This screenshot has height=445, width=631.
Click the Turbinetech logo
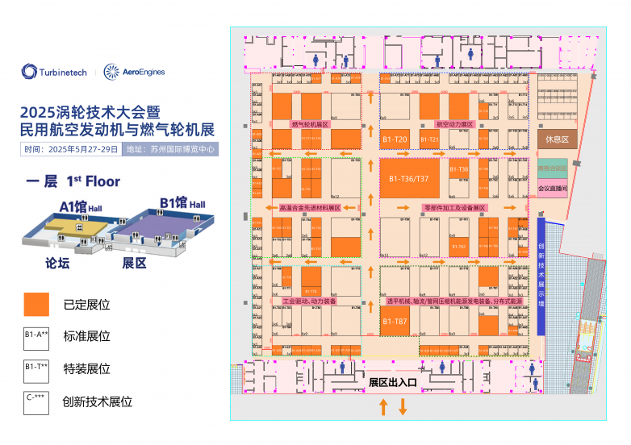(x=55, y=73)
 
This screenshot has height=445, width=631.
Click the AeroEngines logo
(x=135, y=73)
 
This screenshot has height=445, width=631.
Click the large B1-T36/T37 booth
(x=409, y=177)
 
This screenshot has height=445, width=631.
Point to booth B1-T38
(x=458, y=170)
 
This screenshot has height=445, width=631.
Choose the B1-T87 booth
(x=395, y=322)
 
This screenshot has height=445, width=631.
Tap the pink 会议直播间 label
(x=553, y=189)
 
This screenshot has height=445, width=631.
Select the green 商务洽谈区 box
(x=553, y=169)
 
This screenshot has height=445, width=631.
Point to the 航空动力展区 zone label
(x=454, y=125)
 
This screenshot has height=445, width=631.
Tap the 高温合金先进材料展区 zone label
(x=310, y=207)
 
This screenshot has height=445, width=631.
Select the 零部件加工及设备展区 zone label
(x=454, y=207)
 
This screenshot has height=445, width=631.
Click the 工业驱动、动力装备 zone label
(x=309, y=301)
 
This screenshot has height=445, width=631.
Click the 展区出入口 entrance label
(x=392, y=383)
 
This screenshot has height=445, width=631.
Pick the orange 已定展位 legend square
(x=37, y=304)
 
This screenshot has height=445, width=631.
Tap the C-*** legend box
(x=37, y=401)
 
